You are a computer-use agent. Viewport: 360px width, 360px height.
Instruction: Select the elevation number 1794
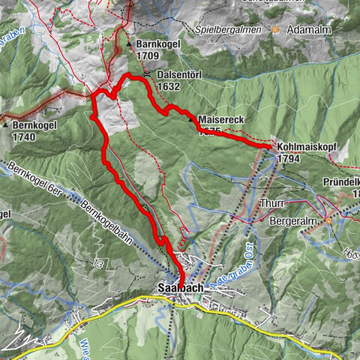coord(289,159)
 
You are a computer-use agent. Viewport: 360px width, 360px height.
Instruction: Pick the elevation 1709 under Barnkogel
coord(147,55)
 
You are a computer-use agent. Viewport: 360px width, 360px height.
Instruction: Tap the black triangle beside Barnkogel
coord(130,44)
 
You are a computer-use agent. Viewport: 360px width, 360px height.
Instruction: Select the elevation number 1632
coord(169,87)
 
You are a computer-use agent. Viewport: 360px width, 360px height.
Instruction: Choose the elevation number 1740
coord(25,137)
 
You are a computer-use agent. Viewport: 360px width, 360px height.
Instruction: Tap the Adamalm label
coord(306,31)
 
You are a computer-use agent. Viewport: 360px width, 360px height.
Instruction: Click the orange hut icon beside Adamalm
coord(276,31)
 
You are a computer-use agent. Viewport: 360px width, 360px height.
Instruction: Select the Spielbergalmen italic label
coord(228,30)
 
